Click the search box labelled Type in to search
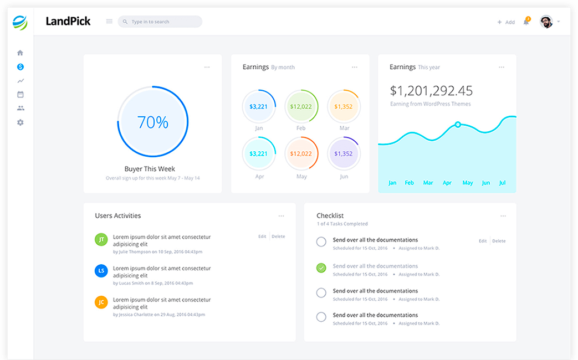pos(160,22)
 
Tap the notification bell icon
pos(526,22)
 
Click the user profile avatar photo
pos(546,22)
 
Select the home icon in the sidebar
pos(21,53)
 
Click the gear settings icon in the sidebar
pos(21,122)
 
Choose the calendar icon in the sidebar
pos(21,95)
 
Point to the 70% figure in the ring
pos(153,122)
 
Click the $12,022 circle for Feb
pos(301,106)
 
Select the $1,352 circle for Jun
pos(344,153)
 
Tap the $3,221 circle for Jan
pos(259,106)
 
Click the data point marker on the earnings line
pos(458,125)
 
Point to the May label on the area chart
pos(468,183)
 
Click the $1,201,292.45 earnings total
pos(431,90)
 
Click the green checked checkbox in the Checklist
pos(321,268)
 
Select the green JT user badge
pos(101,239)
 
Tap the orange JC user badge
pos(101,302)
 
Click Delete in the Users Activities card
pos(278,236)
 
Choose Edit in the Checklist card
pos(483,241)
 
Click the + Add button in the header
pos(506,22)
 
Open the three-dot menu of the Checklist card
pos(503,216)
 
